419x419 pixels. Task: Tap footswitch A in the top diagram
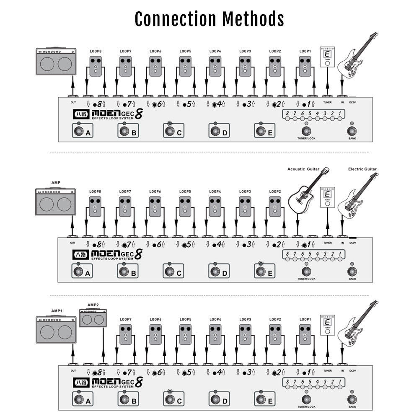pyautogui.click(x=78, y=132)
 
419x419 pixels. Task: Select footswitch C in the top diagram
pyautogui.click(x=170, y=132)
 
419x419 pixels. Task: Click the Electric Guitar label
pyautogui.click(x=362, y=169)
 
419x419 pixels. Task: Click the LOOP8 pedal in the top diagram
pyautogui.click(x=96, y=66)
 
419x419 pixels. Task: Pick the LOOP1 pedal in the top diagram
pyautogui.click(x=305, y=66)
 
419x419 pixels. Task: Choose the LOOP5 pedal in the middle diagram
pyautogui.click(x=185, y=206)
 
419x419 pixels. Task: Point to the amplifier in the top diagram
pyautogui.click(x=56, y=61)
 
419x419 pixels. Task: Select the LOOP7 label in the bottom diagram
pyautogui.click(x=125, y=319)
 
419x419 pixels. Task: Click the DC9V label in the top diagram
pyautogui.click(x=352, y=102)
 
